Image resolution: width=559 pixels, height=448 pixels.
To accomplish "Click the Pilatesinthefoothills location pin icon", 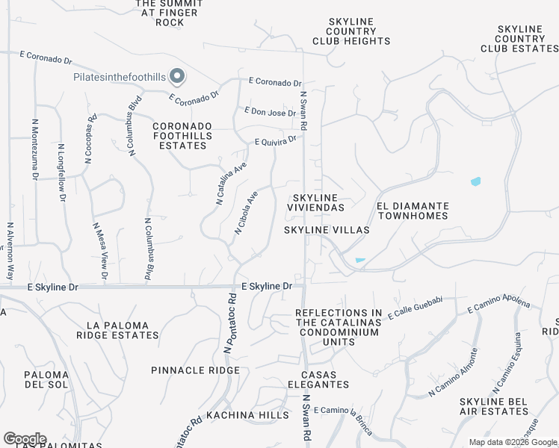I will (177, 76).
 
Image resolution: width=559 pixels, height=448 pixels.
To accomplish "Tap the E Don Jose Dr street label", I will (271, 113).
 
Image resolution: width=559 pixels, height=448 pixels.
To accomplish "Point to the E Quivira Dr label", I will (276, 140).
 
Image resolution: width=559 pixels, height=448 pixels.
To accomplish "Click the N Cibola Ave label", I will (246, 213).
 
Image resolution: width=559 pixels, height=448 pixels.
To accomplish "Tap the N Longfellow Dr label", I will (61, 173).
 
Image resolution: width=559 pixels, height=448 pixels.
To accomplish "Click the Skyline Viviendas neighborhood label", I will (316, 202).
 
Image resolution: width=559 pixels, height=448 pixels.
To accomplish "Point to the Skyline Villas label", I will (327, 230).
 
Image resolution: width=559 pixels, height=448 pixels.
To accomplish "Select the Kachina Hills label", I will (247, 414).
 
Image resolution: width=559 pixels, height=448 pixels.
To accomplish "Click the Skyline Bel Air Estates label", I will (494, 406).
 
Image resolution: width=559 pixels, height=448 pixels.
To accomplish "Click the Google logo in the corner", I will (25, 439).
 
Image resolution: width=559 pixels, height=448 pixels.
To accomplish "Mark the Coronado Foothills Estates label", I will (183, 136).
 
